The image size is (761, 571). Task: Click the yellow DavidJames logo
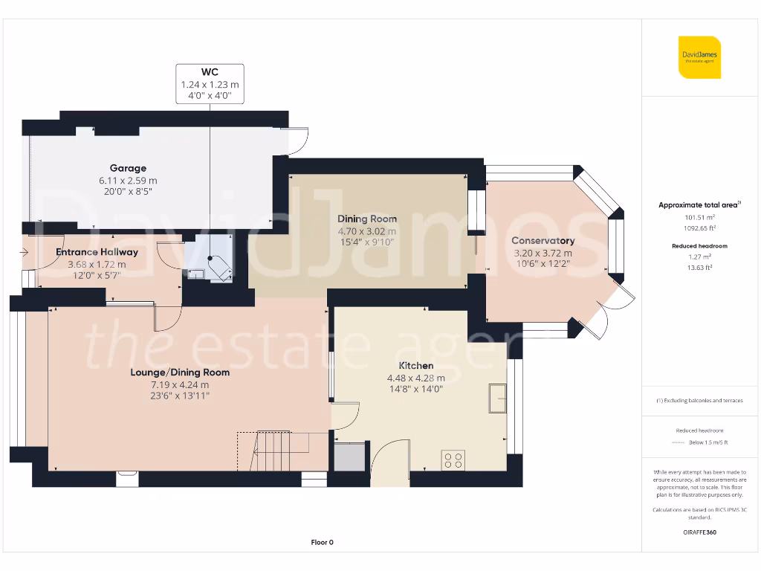tap(699, 57)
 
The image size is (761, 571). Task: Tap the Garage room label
tap(128, 168)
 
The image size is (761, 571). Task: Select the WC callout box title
tap(210, 72)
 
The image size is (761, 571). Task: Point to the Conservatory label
tap(543, 240)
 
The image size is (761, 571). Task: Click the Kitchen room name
tap(416, 366)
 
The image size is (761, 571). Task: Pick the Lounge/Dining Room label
tap(180, 372)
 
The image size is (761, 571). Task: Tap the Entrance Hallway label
tap(97, 252)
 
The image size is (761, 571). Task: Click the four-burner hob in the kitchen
tap(453, 460)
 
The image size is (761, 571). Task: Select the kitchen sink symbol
tap(497, 399)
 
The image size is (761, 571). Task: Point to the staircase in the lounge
tap(273, 451)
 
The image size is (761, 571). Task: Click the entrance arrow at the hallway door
tap(24, 252)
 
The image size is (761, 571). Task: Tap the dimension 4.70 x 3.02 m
tap(367, 231)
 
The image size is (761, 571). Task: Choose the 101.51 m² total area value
tap(700, 218)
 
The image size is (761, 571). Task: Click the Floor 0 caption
tap(323, 542)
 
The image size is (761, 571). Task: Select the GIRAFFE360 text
tap(700, 532)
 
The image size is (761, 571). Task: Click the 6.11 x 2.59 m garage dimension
tap(128, 181)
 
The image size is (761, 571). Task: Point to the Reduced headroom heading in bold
tap(700, 246)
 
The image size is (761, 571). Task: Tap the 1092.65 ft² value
tap(700, 228)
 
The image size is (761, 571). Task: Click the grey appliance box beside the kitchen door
tap(349, 457)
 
